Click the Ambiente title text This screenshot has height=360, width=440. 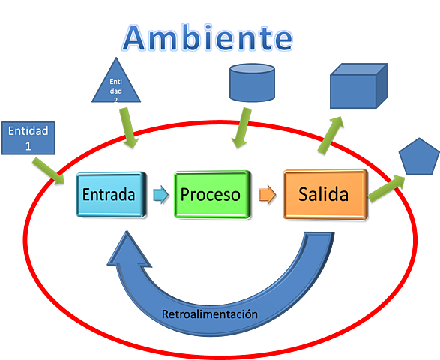tap(208, 37)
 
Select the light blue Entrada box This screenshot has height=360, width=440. tap(109, 195)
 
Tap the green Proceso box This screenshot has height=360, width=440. tap(211, 195)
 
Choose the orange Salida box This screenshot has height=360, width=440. tap(324, 195)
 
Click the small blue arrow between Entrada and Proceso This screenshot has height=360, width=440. tap(158, 195)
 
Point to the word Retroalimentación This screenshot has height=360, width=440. tap(210, 313)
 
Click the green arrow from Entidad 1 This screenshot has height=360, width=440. tap(53, 169)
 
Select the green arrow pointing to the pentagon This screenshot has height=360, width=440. tap(387, 184)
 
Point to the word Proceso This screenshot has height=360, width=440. tap(211, 195)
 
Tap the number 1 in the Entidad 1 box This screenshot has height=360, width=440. tap(28, 145)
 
